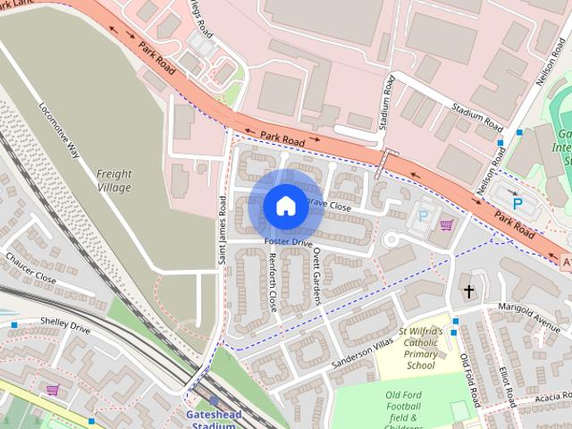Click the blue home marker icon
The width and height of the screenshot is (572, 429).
pyautogui.click(x=285, y=206)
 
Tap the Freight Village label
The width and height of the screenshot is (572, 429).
pyautogui.click(x=114, y=181)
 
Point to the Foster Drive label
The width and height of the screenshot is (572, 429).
pyautogui.click(x=289, y=243)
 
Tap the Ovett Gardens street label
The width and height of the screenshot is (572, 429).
pyautogui.click(x=316, y=276)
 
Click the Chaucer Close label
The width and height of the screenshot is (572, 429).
pyautogui.click(x=31, y=268)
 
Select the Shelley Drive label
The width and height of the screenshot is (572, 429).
pyautogui.click(x=65, y=328)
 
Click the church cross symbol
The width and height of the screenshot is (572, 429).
pyautogui.click(x=468, y=291)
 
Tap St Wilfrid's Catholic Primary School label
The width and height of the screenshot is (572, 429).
pyautogui.click(x=421, y=348)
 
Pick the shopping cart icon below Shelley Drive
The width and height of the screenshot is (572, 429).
pyautogui.click(x=53, y=390)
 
